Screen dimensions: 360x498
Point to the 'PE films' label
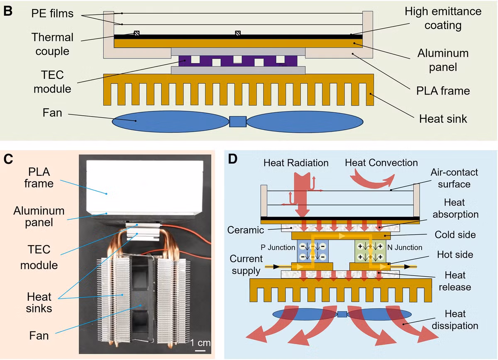(x=52, y=14)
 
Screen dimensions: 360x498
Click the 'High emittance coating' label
(x=443, y=18)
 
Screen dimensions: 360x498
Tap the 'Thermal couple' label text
(x=52, y=44)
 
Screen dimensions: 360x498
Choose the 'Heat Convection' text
(x=381, y=163)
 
